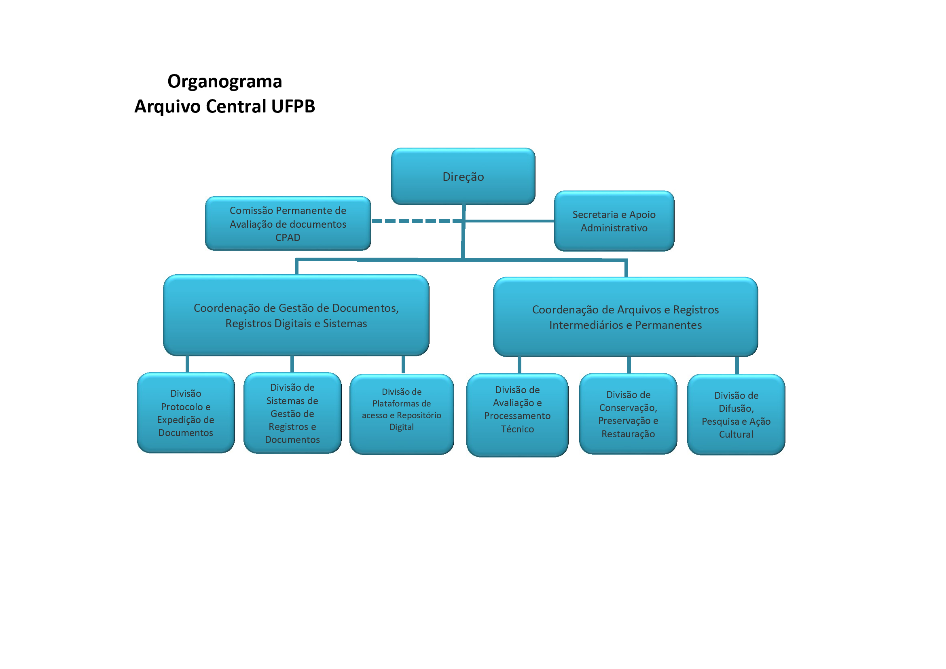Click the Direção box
coord(463,176)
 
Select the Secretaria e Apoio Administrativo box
coord(614,221)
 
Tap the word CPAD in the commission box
coord(288,238)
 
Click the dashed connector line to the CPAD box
coord(412,221)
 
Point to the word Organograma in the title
coord(224,81)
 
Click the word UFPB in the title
coord(293,106)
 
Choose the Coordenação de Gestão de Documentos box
coord(296,315)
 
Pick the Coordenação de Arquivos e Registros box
coord(625,317)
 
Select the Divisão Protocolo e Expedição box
coord(185,413)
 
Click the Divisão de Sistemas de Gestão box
coord(292,413)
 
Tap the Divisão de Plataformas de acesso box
coord(401,414)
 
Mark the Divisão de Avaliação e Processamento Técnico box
coord(517,415)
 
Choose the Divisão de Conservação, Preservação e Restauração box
coord(628,414)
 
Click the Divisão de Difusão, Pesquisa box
coord(736,415)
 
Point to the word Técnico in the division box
coord(517,429)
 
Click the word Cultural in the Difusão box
coord(736,434)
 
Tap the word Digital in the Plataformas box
coord(401,427)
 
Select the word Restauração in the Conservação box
coord(628,434)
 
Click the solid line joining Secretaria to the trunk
coord(509,221)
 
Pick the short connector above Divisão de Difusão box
coord(736,365)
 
